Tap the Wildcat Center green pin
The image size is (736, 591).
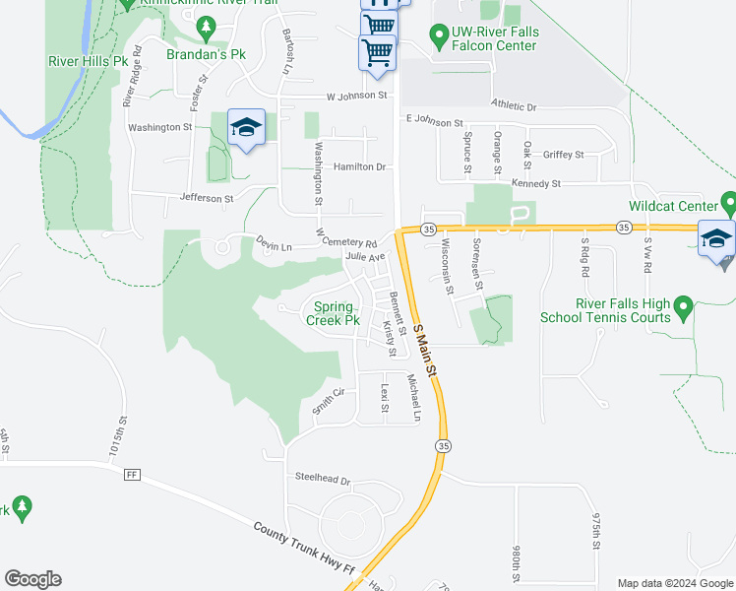pos(727,204)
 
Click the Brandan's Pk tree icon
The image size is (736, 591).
pos(206,32)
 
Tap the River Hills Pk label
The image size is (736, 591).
pos(89,60)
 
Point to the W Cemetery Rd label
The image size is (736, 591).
pos(347,239)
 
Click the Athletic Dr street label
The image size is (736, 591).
pos(514,106)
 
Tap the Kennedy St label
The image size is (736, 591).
pos(535,183)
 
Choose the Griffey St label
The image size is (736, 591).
pos(563,155)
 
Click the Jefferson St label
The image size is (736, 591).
pos(207,198)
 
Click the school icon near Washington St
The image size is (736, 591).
pos(246,128)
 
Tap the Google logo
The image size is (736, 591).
pos(33,579)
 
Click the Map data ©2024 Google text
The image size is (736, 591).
pos(674,583)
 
